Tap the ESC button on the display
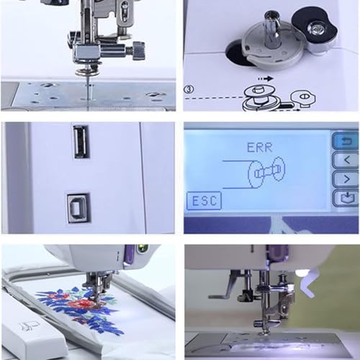(x=204, y=201)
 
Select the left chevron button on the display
(x=345, y=159)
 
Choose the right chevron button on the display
(x=345, y=178)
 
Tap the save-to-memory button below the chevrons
(x=345, y=197)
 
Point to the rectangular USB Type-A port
(x=81, y=142)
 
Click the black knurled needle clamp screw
(x=137, y=50)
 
